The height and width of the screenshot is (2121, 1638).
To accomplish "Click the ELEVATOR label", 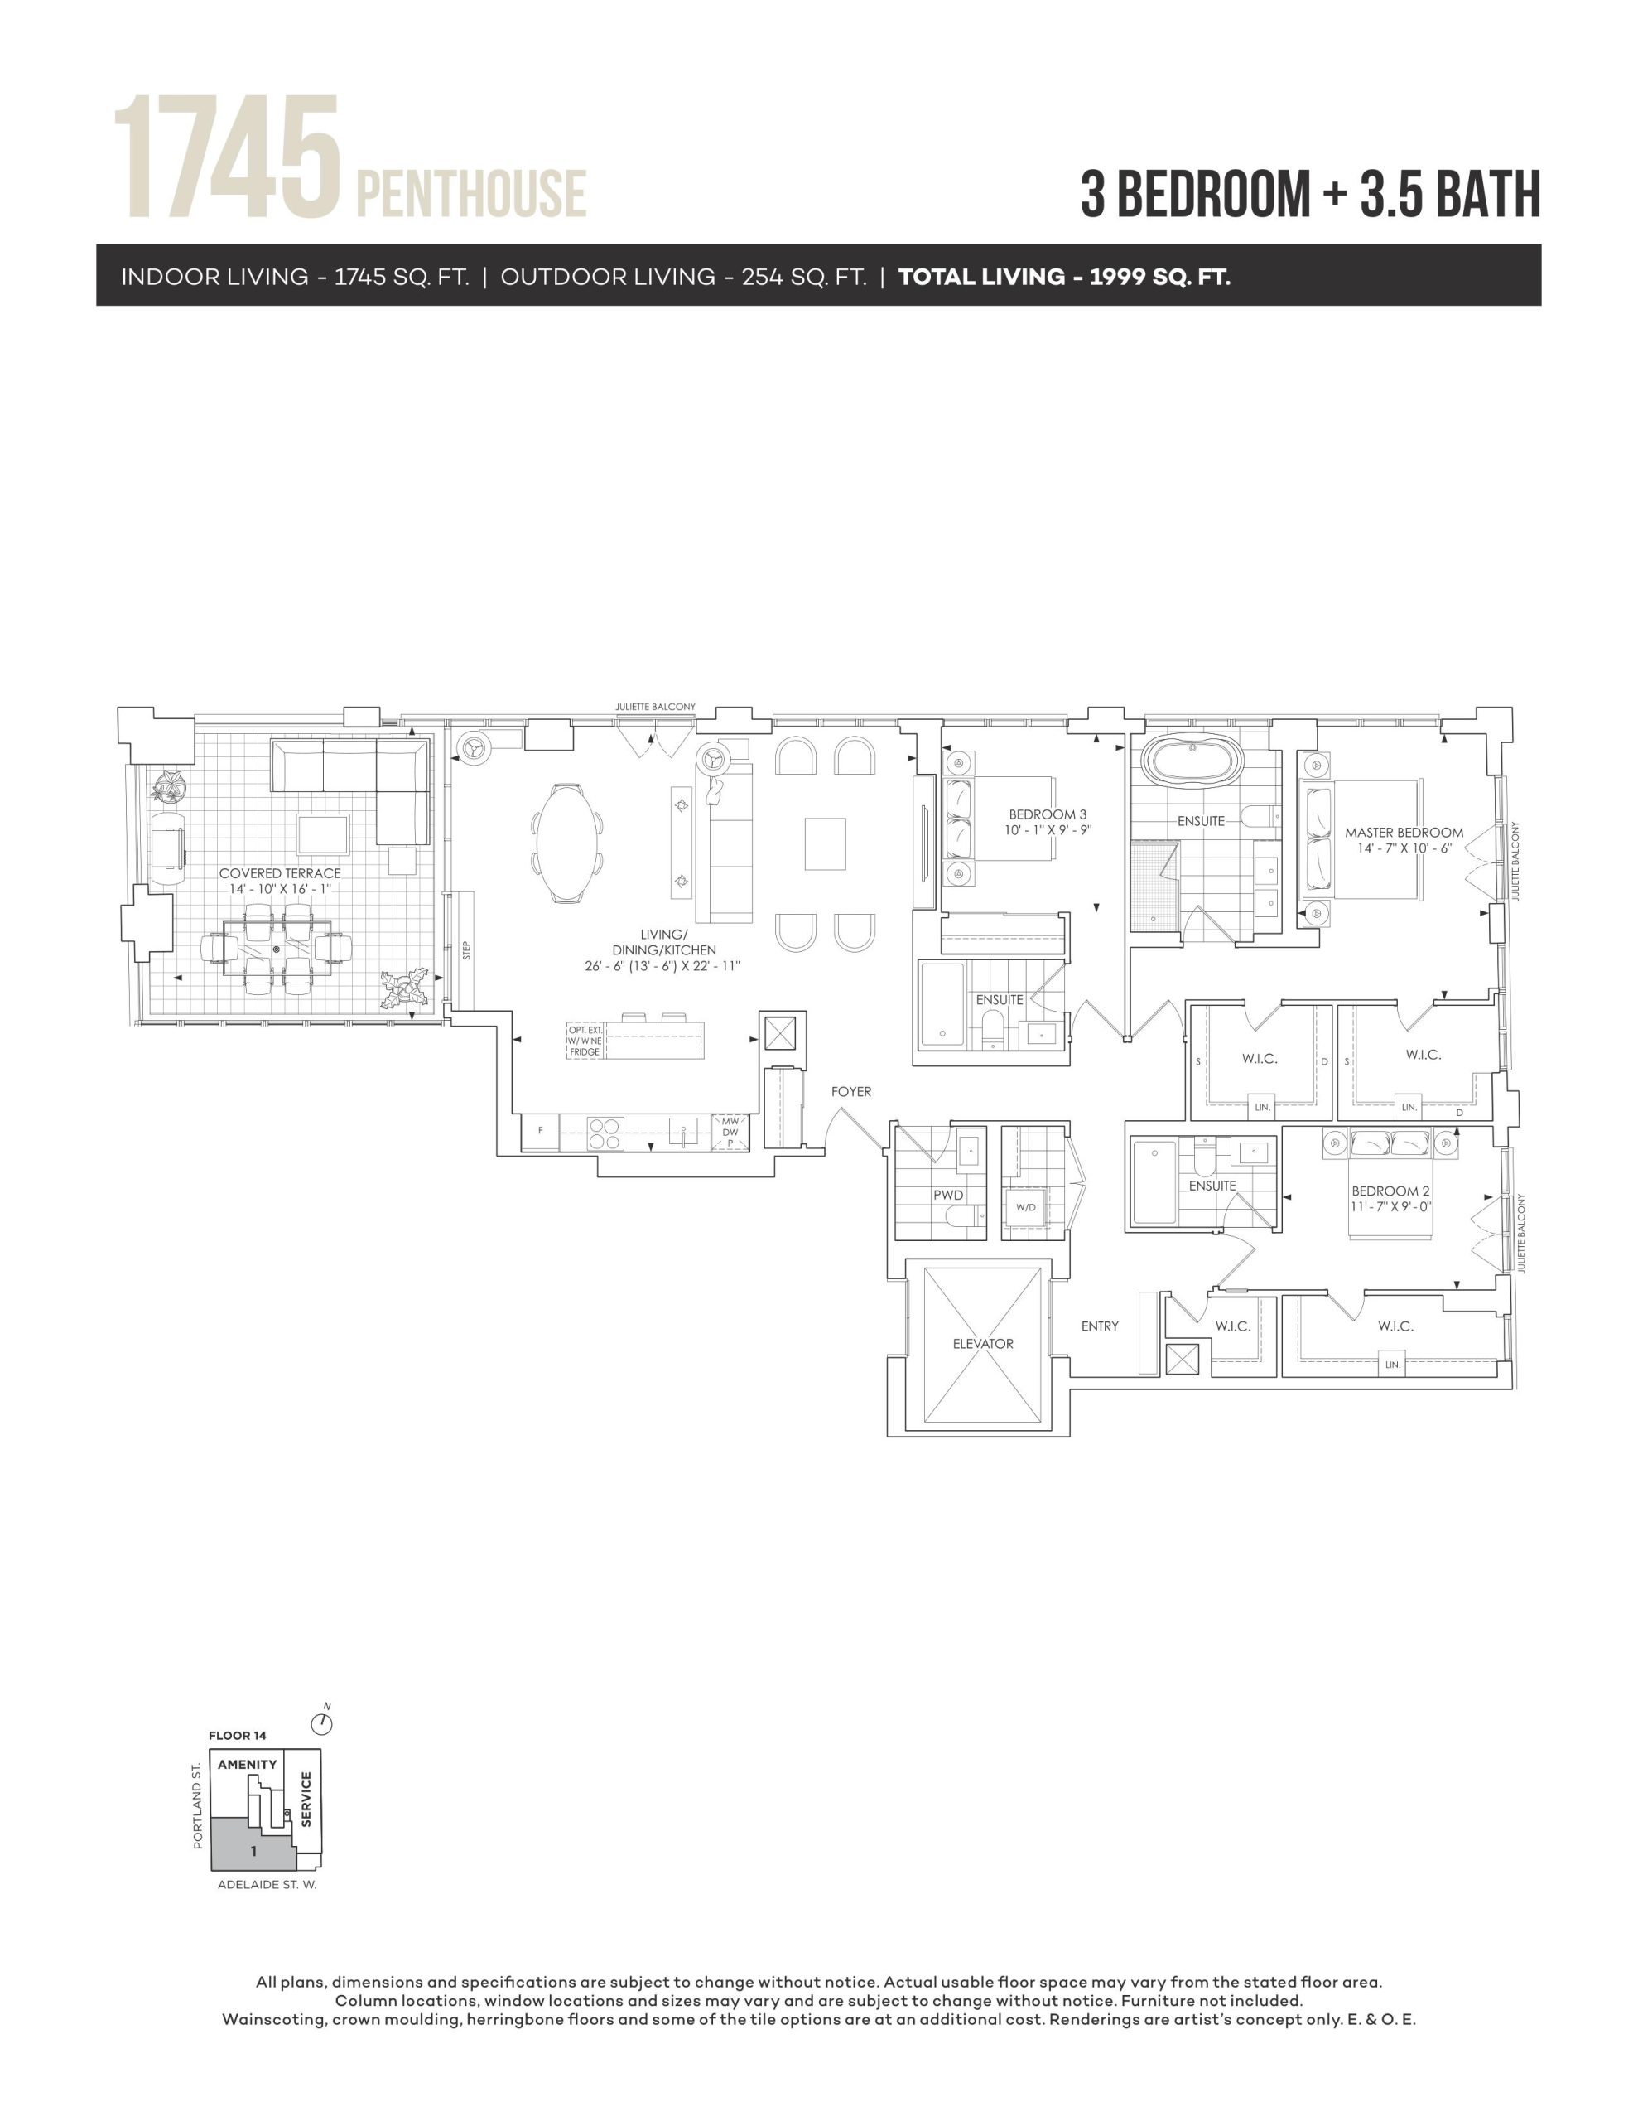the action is (983, 1344).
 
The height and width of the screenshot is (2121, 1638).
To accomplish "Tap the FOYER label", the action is (850, 1092).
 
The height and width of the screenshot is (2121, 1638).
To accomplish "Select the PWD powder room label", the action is (947, 1195).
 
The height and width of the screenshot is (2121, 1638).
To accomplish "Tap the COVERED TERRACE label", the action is (280, 873).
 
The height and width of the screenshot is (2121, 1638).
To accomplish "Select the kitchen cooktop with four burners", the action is (605, 1133).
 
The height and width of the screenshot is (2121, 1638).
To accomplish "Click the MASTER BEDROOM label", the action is (1404, 833).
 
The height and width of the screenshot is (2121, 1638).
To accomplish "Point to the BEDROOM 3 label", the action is (1048, 814).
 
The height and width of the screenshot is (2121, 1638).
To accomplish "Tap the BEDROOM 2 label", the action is (1390, 1191).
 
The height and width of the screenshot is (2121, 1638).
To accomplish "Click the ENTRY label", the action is (1100, 1326).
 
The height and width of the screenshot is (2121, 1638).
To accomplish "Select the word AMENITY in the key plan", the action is (247, 1765).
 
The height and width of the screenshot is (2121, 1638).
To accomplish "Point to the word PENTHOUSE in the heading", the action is (471, 192).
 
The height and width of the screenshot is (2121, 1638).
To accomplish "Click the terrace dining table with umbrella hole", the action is (277, 948).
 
